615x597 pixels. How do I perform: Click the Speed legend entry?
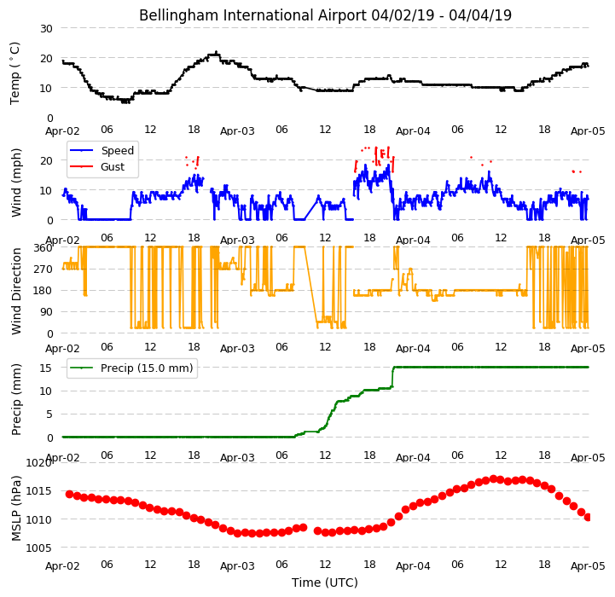102,151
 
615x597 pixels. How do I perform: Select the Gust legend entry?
97,166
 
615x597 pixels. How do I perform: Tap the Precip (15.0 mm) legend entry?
131,368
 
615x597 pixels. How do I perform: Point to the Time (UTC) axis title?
325,583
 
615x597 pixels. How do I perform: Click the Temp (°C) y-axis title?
15,73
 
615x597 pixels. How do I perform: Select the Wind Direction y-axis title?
16,291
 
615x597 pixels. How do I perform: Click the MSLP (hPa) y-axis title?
16,508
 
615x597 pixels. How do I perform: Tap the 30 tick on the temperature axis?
46,29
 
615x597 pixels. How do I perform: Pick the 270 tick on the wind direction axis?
44,270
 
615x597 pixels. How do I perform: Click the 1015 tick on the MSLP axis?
38,491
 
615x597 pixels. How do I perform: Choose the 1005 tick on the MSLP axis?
38,548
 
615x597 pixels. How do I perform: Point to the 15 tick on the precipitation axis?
46,368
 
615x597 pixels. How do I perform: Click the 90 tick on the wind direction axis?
47,312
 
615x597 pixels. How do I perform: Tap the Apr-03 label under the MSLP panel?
237,566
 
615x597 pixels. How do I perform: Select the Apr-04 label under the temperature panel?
413,131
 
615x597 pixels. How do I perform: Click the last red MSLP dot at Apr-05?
587,518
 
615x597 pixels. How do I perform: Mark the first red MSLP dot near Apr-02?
69,495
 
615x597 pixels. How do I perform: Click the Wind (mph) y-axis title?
16,183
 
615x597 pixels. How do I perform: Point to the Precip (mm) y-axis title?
16,399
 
